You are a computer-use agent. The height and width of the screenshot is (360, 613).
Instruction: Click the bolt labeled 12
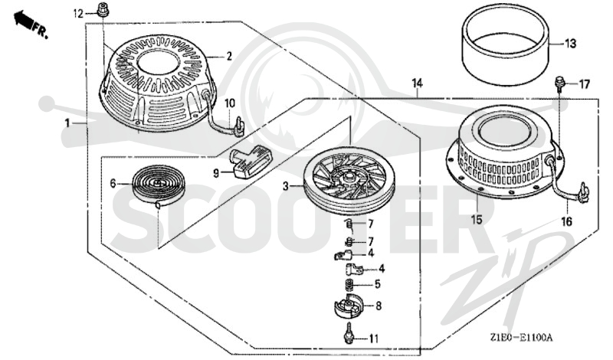(x=103, y=9)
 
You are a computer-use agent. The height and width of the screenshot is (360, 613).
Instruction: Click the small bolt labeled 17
(x=559, y=83)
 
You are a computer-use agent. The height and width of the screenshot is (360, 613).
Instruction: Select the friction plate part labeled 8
(x=349, y=306)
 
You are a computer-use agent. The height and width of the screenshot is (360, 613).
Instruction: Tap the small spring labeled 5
(x=350, y=284)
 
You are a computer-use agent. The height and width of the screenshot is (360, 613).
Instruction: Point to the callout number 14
(x=417, y=83)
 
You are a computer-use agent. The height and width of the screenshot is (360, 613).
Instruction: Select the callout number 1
(x=67, y=123)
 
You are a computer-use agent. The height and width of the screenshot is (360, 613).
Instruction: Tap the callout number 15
(x=477, y=220)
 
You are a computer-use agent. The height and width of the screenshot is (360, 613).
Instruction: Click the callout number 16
(x=566, y=222)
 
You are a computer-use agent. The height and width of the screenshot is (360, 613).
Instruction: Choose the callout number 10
(x=230, y=103)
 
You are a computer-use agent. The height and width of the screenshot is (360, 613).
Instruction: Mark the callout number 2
(x=229, y=56)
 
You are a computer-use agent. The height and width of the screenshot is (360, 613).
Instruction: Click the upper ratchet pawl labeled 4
(x=343, y=255)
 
